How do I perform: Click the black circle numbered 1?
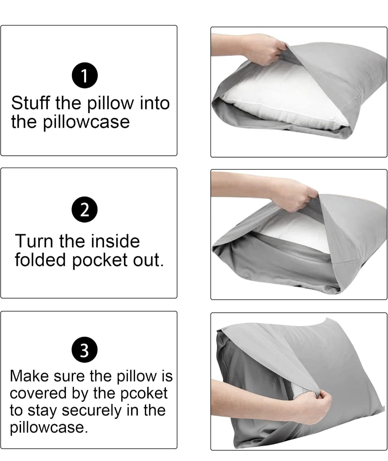[x=85, y=75]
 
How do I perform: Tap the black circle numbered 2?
[x=85, y=209]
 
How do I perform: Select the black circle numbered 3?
[x=85, y=350]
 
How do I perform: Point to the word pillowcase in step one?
[x=86, y=122]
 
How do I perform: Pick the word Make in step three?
[x=29, y=376]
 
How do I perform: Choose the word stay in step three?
[x=43, y=411]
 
